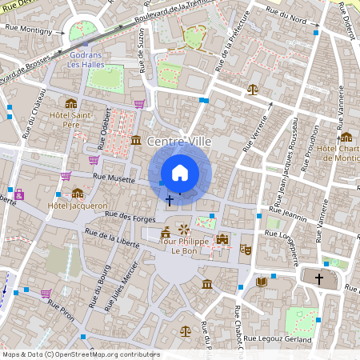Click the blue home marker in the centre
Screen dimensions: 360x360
tap(180, 173)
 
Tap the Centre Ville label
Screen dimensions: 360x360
tap(179, 142)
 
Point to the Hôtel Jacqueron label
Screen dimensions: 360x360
tap(78, 206)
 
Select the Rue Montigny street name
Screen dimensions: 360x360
tap(34, 30)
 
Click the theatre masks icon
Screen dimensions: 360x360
tap(246, 250)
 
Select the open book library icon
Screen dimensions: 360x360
tap(261, 282)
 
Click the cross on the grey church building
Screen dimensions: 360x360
tap(319, 279)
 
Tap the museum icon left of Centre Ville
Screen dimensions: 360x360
tap(135, 141)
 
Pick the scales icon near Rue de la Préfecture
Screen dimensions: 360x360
tap(254, 90)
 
